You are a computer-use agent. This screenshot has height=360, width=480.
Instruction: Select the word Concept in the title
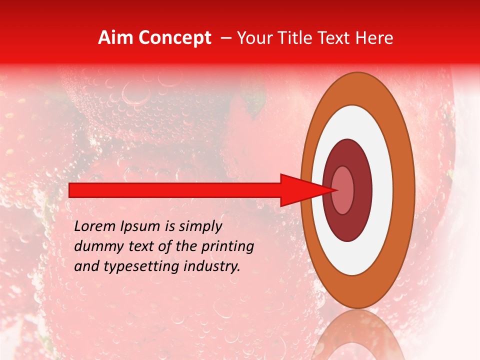[174, 38]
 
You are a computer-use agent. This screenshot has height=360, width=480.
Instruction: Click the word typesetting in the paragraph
[142, 266]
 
